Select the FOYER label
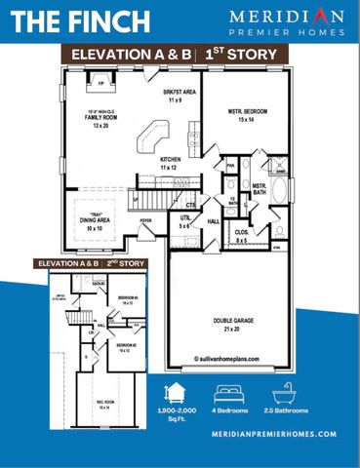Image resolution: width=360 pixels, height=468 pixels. pos(146,220)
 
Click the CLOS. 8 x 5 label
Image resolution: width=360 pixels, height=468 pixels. pos(242,235)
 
